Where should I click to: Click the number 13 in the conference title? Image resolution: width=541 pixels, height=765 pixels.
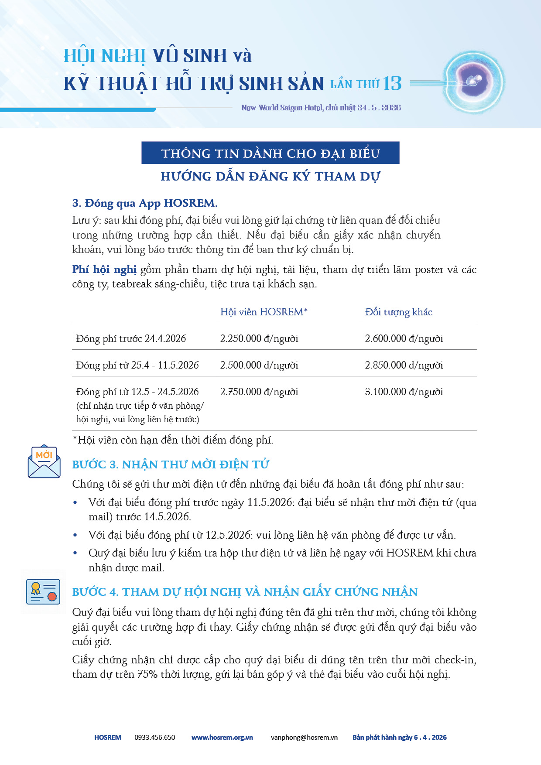tap(392, 83)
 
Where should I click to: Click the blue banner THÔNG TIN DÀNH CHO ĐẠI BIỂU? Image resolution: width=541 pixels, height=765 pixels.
tap(270, 153)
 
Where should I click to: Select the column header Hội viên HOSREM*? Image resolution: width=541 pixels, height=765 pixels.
tap(264, 312)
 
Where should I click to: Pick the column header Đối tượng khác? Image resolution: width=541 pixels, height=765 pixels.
tap(398, 312)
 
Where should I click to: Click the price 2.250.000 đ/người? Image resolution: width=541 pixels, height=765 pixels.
tap(259, 338)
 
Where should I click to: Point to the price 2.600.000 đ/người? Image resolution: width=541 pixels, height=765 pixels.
tap(404, 338)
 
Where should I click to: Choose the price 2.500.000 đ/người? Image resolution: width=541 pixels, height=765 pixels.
tap(259, 365)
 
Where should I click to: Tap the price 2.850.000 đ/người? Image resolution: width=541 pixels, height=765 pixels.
tap(404, 365)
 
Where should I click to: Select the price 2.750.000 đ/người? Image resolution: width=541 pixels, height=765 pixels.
tap(259, 392)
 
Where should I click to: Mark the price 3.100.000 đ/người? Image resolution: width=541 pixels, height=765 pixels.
tap(404, 392)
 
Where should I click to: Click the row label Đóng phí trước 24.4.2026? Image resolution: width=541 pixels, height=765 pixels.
tap(131, 338)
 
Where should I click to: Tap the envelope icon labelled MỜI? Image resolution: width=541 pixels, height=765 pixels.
tap(44, 461)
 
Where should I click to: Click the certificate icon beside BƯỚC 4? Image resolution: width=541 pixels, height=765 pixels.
tap(43, 592)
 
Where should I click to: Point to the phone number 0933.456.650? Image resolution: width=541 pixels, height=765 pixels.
tap(154, 738)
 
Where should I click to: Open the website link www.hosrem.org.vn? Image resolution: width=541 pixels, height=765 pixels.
tap(222, 738)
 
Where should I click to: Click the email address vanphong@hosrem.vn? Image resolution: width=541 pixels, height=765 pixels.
tap(304, 738)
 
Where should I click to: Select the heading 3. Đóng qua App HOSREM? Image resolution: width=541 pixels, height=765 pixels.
tap(145, 203)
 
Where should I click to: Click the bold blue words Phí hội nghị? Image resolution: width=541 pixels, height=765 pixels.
tap(104, 270)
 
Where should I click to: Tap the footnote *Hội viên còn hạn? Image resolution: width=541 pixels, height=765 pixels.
tap(173, 440)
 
